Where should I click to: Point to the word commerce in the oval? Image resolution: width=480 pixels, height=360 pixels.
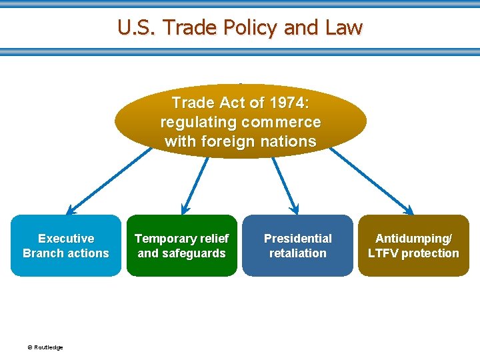tap(281, 123)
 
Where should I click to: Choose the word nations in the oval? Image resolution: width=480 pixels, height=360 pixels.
tap(289, 141)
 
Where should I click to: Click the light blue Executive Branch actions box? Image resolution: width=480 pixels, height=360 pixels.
tap(66, 245)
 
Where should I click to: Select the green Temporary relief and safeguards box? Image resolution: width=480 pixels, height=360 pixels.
tap(181, 245)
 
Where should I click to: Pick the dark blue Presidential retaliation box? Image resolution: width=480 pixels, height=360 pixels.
tap(297, 245)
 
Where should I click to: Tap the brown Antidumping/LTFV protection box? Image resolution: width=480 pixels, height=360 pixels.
tap(413, 245)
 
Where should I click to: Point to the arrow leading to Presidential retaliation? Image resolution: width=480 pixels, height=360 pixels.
tap(285, 184)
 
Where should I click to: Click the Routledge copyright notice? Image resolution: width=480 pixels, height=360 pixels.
tap(45, 347)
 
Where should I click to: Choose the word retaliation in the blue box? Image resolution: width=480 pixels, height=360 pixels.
tap(297, 253)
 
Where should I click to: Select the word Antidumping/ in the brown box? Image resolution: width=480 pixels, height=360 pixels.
tap(413, 238)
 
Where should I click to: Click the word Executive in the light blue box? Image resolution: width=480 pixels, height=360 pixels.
tap(66, 238)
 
